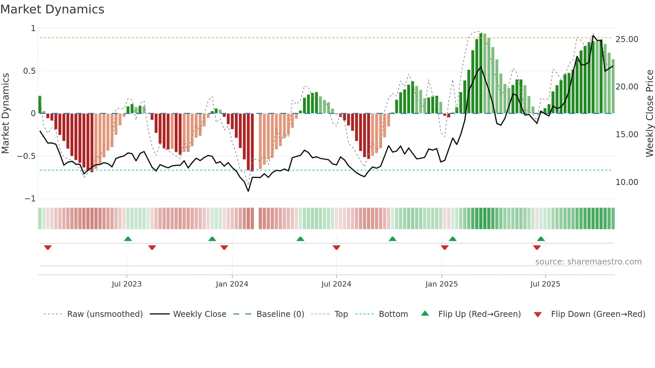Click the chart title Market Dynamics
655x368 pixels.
[52, 9]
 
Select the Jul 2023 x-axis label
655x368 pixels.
[127, 284]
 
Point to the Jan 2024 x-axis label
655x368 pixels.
[232, 284]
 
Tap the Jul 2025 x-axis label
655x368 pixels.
[545, 284]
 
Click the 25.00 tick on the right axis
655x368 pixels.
[627, 39]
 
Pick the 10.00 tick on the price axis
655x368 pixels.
[627, 182]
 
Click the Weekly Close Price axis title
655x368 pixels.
[649, 113]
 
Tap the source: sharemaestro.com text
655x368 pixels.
[588, 262]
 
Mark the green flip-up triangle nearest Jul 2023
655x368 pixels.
[128, 239]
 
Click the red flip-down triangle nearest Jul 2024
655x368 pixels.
[337, 247]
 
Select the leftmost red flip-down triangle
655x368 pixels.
[48, 247]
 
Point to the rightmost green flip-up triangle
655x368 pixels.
[541, 239]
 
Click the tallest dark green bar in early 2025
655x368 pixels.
[481, 73]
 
